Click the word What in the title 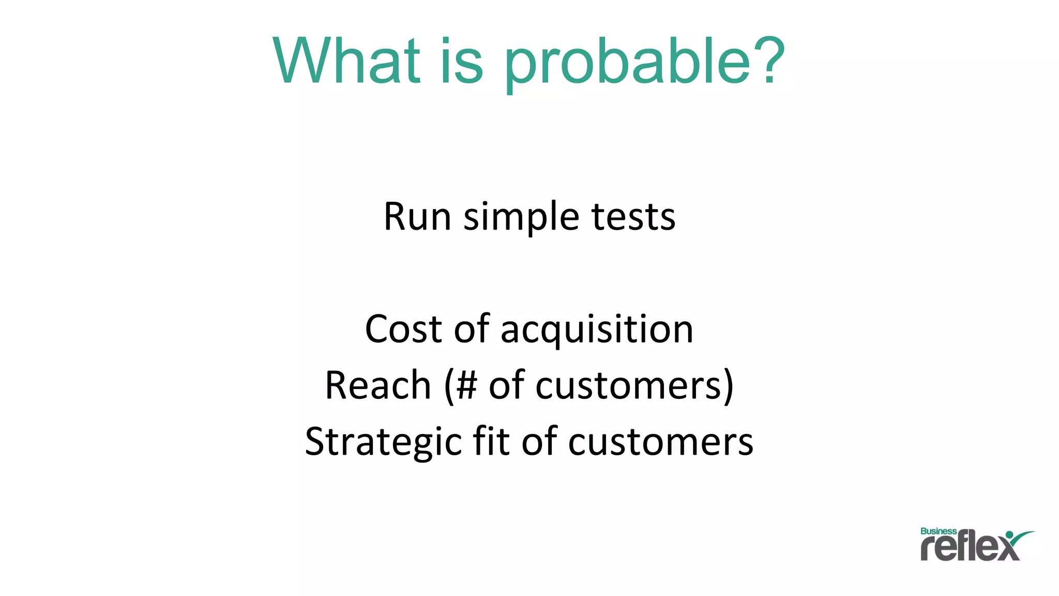point(346,61)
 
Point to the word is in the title point(461,61)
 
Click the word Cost point(403,329)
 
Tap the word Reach point(378,385)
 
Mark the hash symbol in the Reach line point(466,385)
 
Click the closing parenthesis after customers point(728,386)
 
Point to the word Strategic point(383,443)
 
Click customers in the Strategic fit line point(660,443)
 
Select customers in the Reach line point(628,386)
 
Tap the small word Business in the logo point(938,531)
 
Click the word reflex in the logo point(969,547)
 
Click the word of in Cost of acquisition point(471,329)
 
